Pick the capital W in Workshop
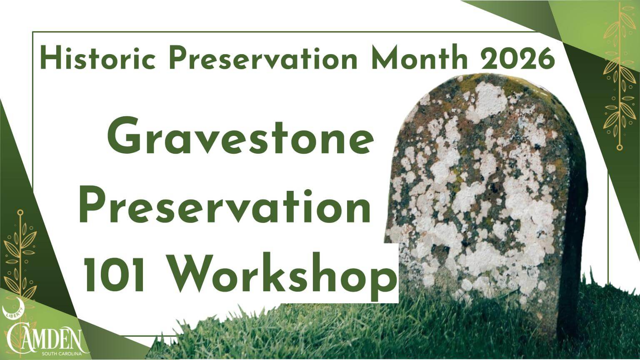190,273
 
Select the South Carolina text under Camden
62,354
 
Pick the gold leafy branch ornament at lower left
20,257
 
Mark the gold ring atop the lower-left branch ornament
20,213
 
